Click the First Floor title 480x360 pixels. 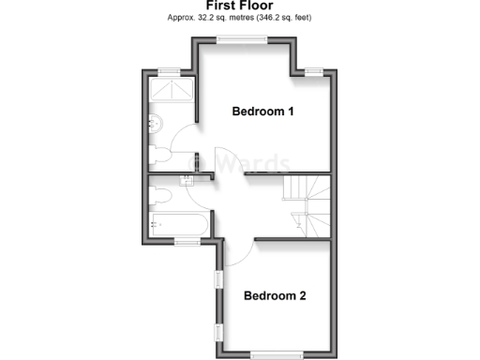click(240, 5)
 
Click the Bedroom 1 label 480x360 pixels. click(263, 112)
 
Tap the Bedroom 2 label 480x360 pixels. click(275, 296)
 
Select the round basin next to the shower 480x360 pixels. click(155, 123)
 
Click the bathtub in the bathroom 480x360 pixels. click(178, 225)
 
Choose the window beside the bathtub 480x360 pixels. click(187, 243)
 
